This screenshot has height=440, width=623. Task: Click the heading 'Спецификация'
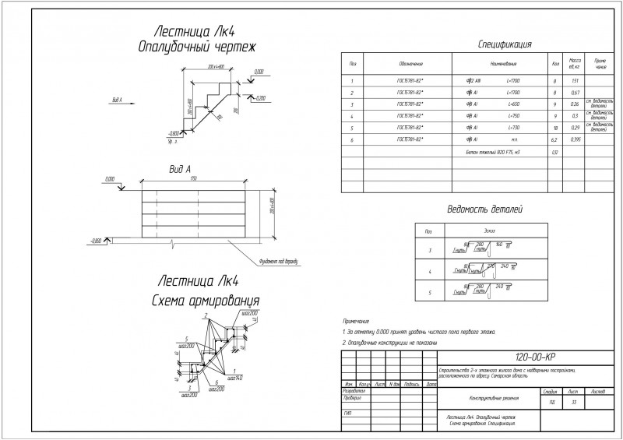(505, 44)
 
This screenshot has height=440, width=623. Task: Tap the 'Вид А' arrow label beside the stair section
(118, 100)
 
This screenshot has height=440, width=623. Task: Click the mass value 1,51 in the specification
(575, 80)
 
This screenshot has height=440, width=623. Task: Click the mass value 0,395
(575, 139)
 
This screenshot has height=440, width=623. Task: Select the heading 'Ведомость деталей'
(484, 210)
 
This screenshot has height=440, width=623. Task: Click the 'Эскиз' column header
(488, 231)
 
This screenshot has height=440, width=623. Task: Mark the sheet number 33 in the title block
(574, 402)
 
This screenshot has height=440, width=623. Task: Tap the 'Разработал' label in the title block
(354, 391)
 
